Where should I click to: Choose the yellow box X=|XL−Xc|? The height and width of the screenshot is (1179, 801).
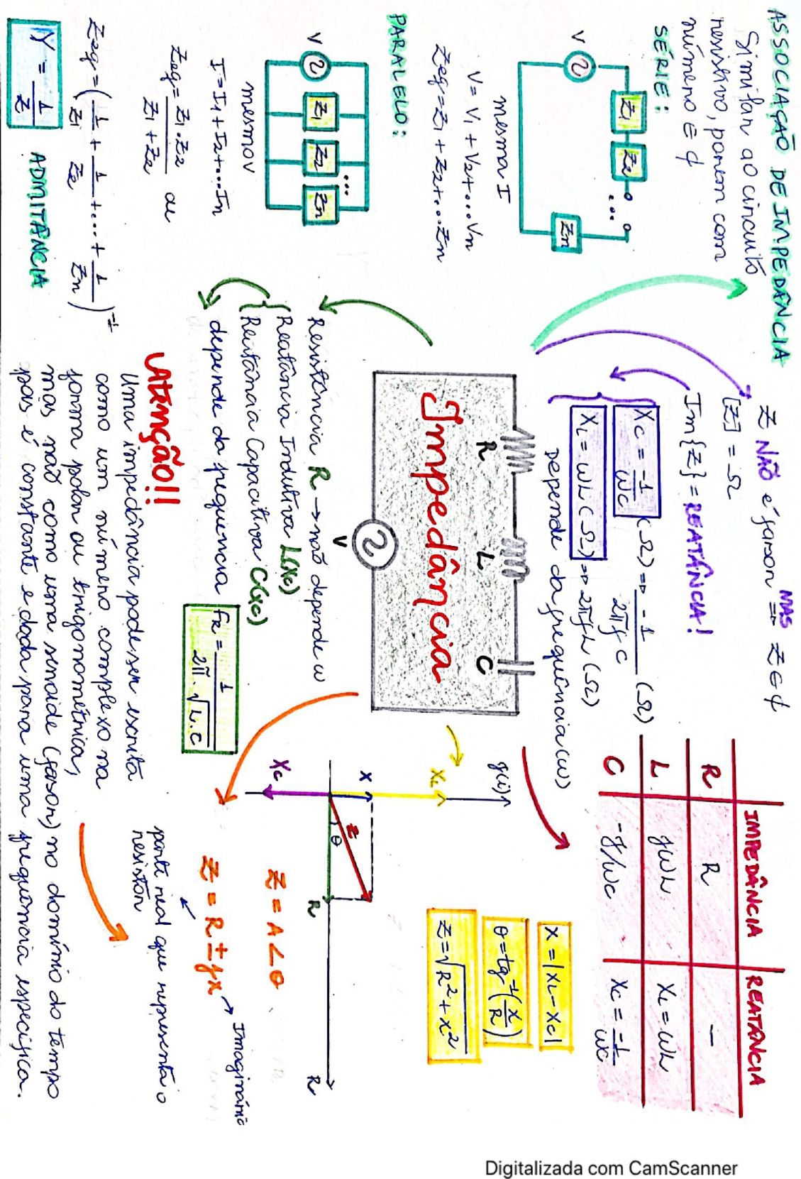tap(554, 987)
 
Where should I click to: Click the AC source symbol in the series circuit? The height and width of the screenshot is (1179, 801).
tap(576, 68)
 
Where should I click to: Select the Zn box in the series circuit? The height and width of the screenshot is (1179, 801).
tap(565, 230)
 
